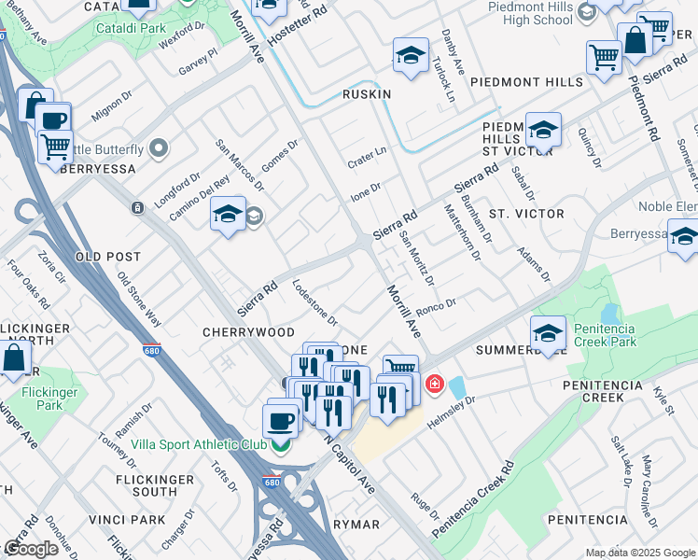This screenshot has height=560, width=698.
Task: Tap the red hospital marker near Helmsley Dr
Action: (x=434, y=384)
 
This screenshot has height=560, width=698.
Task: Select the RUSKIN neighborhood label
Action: (x=366, y=94)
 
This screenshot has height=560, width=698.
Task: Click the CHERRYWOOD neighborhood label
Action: (x=249, y=332)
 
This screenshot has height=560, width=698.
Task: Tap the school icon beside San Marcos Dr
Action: (x=228, y=215)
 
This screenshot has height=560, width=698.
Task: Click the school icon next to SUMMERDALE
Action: (x=548, y=332)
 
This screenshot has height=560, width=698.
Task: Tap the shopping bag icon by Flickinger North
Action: (x=15, y=357)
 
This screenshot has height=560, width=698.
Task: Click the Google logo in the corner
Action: (x=31, y=548)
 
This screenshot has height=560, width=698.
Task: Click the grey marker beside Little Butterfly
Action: (x=159, y=148)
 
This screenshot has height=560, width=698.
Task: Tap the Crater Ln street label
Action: (x=367, y=152)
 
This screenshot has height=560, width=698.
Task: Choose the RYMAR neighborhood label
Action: (x=356, y=525)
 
